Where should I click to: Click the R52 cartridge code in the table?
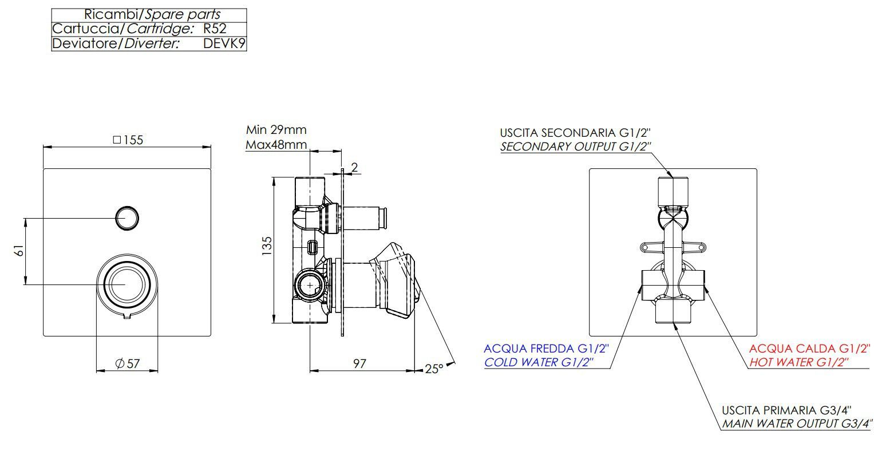[x=215, y=29]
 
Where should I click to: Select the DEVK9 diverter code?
[x=224, y=43]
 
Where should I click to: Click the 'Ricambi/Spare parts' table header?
[x=152, y=15]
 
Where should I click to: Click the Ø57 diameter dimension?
[x=127, y=363]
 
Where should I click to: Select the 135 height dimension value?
[x=267, y=246]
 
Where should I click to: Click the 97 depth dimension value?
[x=359, y=363]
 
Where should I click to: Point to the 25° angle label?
[x=434, y=369]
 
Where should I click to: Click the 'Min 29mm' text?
[x=276, y=130]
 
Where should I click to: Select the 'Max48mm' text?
[x=276, y=145]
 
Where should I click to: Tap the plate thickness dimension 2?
[x=354, y=167]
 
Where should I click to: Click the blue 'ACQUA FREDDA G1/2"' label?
[x=546, y=349]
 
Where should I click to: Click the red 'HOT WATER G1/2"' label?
[x=798, y=362]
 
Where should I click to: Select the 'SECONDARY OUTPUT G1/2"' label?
[x=575, y=147]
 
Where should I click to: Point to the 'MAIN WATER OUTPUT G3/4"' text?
[x=796, y=424]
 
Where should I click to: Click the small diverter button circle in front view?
[x=127, y=217]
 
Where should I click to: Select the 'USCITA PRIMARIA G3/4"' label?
[x=786, y=410]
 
